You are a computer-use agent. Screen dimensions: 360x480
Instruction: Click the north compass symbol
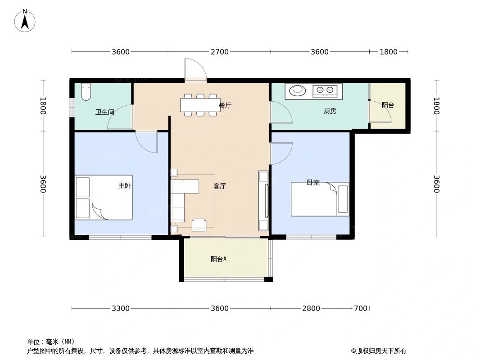(x=25, y=21)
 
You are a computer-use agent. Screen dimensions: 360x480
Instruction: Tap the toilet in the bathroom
(x=86, y=92)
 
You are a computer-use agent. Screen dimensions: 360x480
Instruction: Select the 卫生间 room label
(x=104, y=112)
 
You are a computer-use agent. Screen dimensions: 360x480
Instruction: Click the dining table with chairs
(x=200, y=105)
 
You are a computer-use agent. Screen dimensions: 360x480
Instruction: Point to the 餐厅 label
(x=225, y=106)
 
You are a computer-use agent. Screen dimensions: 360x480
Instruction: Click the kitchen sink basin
(x=297, y=90)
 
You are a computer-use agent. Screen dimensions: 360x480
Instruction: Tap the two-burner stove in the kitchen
(x=326, y=91)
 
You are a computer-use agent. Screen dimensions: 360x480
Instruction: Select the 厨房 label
(x=330, y=111)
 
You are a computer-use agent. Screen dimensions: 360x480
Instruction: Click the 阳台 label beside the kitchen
(x=388, y=105)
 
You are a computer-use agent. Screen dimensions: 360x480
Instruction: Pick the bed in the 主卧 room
(x=104, y=198)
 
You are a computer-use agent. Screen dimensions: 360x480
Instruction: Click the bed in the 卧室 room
(x=320, y=199)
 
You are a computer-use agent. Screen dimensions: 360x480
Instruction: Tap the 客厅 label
(x=219, y=186)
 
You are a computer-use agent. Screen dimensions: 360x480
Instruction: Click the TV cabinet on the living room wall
(x=263, y=201)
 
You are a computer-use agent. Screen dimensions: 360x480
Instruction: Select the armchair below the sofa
(x=199, y=225)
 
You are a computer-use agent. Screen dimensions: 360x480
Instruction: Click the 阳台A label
(x=218, y=259)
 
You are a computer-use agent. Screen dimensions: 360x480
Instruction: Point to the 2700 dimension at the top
(x=219, y=52)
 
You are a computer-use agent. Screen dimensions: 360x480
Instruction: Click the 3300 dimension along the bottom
(x=121, y=309)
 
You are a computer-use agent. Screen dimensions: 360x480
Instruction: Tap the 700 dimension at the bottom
(x=360, y=309)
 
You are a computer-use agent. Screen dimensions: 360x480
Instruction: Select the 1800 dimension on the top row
(x=388, y=52)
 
